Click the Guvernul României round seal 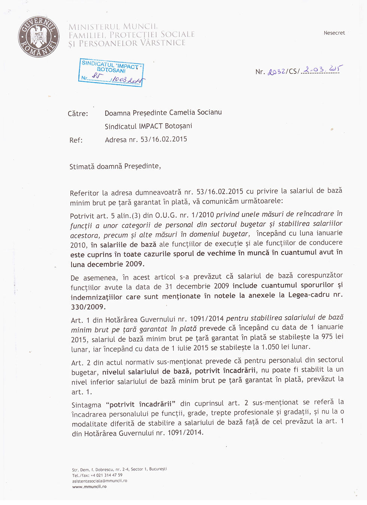pyautogui.click(x=39, y=37)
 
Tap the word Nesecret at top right pyautogui.click(x=334, y=33)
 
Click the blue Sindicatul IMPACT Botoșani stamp pyautogui.click(x=112, y=72)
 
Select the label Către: pyautogui.click(x=78, y=114)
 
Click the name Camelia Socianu pyautogui.click(x=195, y=112)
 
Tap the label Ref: pyautogui.click(x=76, y=140)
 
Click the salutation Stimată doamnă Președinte pyautogui.click(x=115, y=166)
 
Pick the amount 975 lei pyautogui.click(x=332, y=336)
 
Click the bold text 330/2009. pyautogui.click(x=88, y=307)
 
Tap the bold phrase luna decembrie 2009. pyautogui.click(x=107, y=264)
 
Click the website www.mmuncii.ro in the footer pyautogui.click(x=89, y=487)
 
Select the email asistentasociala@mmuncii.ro pyautogui.click(x=100, y=481)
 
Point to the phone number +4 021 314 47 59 pyautogui.click(x=106, y=475)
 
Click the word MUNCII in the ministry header pyautogui.click(x=140, y=26)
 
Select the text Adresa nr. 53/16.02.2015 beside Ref pyautogui.click(x=146, y=139)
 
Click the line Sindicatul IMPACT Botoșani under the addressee pyautogui.click(x=148, y=126)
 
